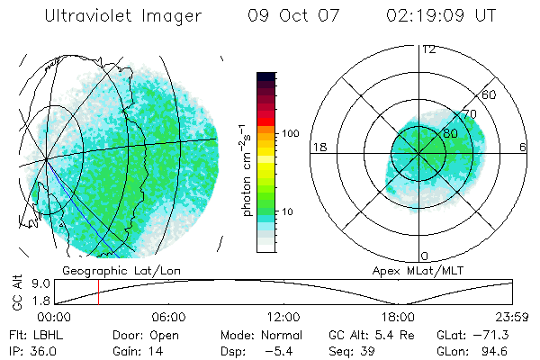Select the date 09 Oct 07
point(285,16)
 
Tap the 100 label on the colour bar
point(291,133)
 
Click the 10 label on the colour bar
point(288,212)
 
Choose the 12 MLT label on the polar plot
point(428,49)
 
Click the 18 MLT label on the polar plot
point(318,147)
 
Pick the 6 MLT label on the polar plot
point(523,147)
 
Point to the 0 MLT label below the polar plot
point(425,256)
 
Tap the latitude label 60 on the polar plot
point(489,94)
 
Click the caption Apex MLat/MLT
point(410,270)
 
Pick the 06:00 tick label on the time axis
point(168,317)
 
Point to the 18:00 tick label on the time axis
point(398,317)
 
